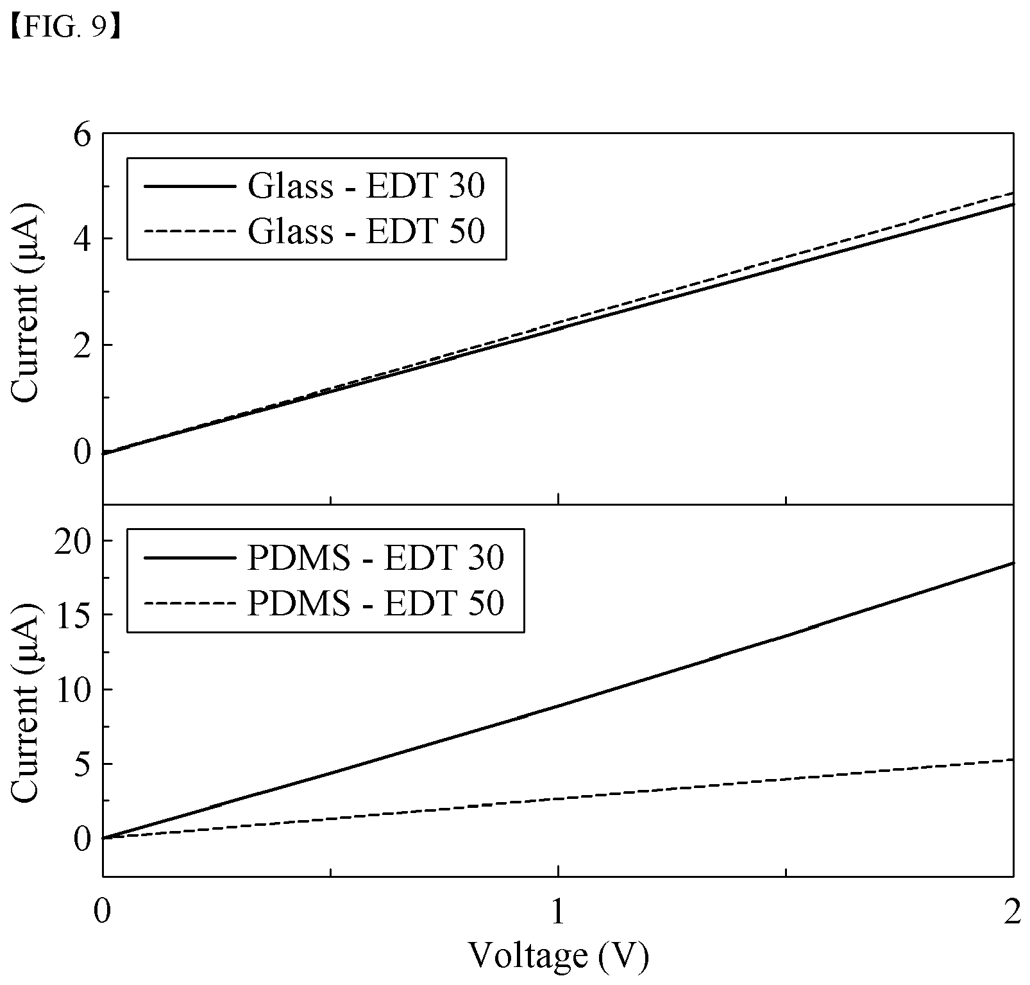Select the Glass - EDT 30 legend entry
click(x=314, y=186)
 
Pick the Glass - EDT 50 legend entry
click(x=314, y=231)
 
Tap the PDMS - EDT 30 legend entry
click(x=324, y=558)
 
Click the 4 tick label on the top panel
click(x=84, y=238)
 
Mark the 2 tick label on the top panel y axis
click(x=84, y=345)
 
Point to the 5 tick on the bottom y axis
click(x=84, y=764)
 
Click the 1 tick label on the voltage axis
click(x=559, y=912)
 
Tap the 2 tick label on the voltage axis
click(x=1013, y=912)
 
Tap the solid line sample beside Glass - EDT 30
click(x=189, y=187)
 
